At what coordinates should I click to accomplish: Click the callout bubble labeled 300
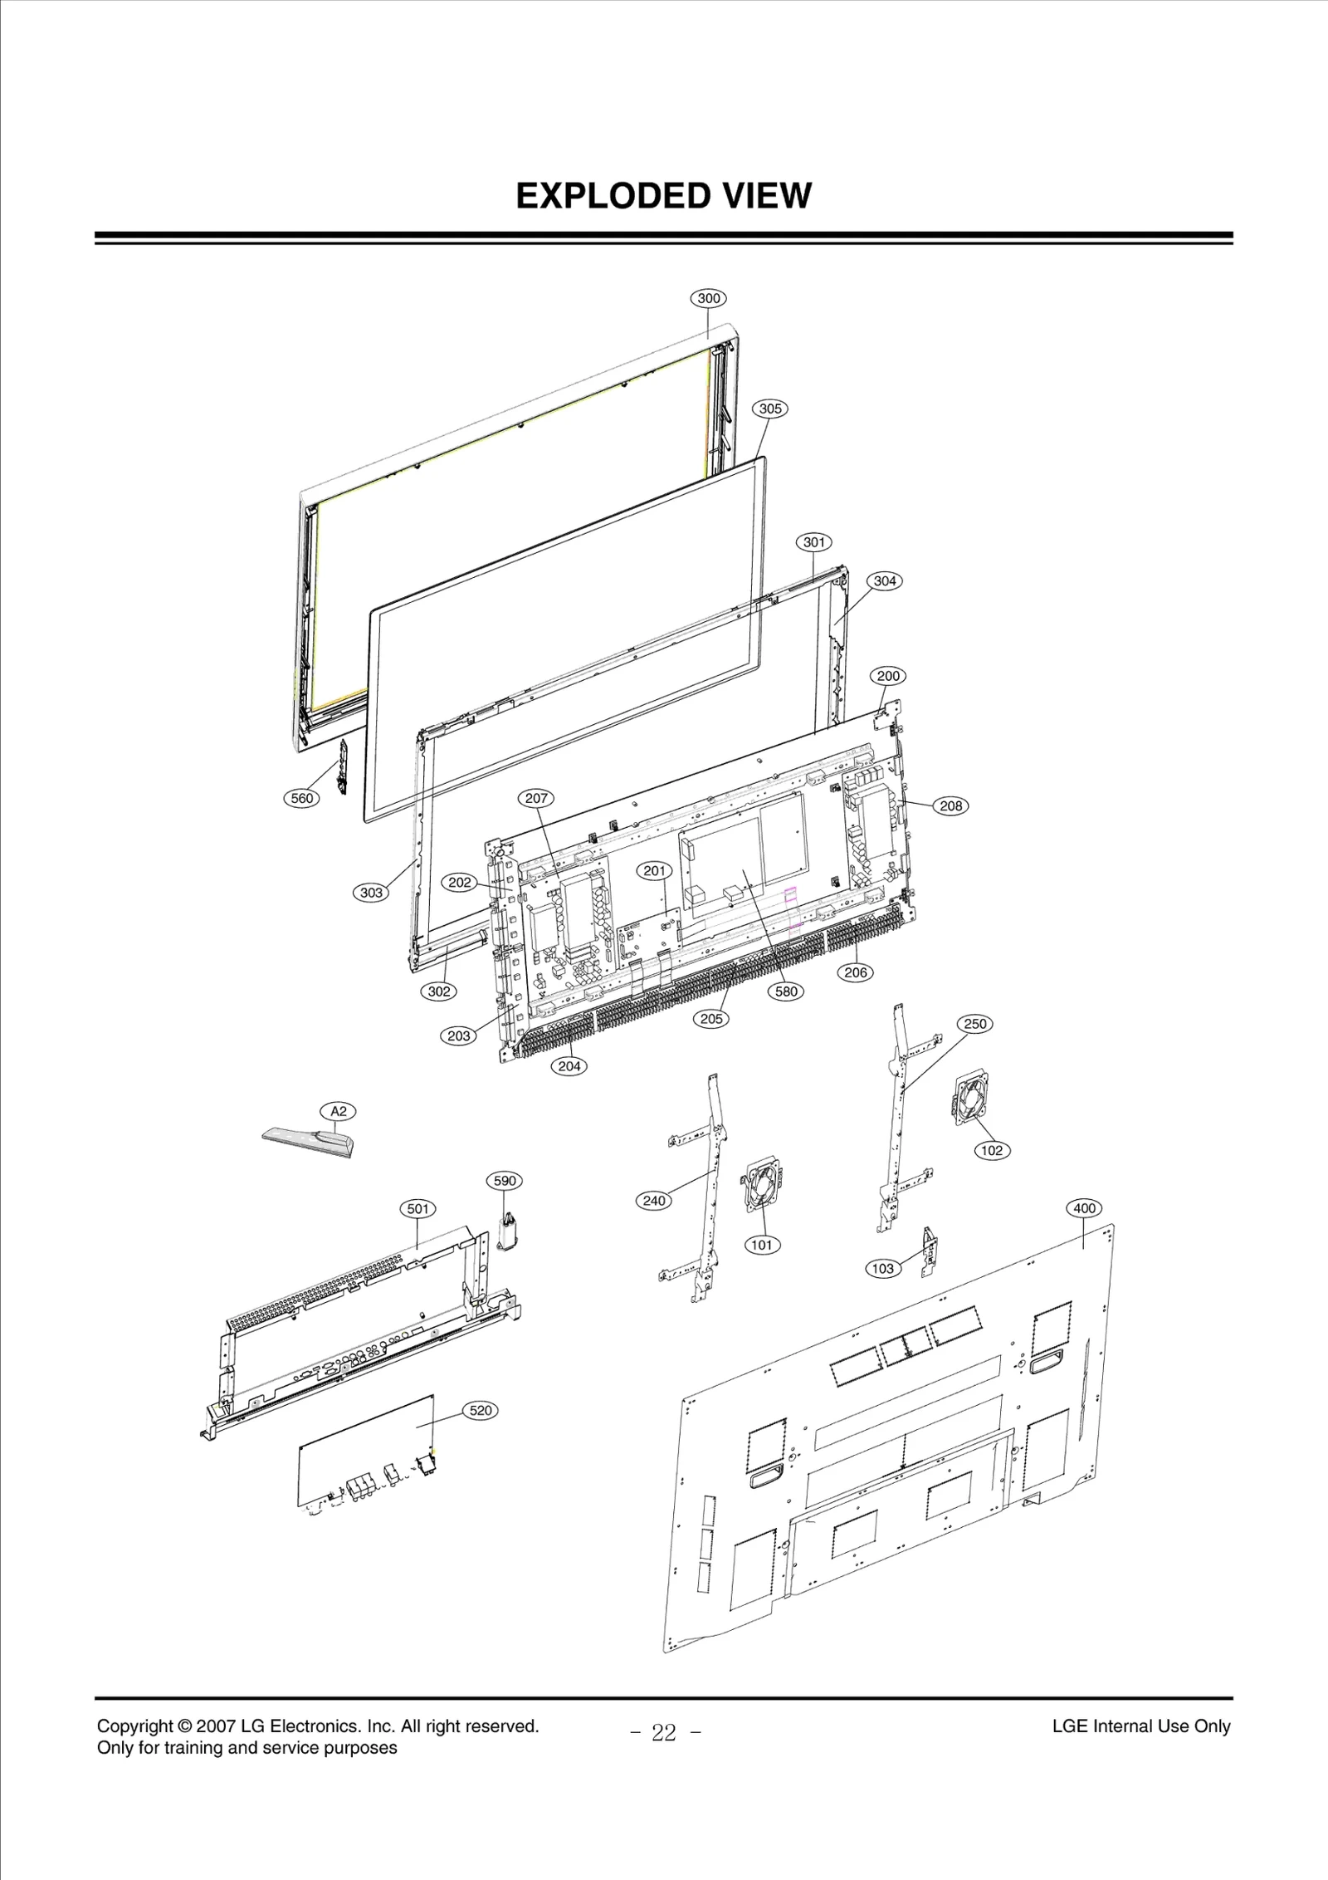pos(708,298)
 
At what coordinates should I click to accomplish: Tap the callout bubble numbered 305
pos(770,409)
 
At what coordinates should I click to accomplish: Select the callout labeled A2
pos(339,1111)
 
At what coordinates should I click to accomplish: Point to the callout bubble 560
pos(302,799)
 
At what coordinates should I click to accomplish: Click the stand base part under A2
pos(309,1142)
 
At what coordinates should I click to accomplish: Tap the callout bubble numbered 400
pos(1085,1208)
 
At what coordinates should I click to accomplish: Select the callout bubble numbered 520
pos(481,1410)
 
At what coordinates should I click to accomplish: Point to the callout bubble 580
pos(786,991)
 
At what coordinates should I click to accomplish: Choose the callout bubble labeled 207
pos(536,799)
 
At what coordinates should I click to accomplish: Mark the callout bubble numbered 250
pos(975,1024)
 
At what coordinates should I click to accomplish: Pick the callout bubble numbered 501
pos(418,1208)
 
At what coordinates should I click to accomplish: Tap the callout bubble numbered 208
pos(951,805)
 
